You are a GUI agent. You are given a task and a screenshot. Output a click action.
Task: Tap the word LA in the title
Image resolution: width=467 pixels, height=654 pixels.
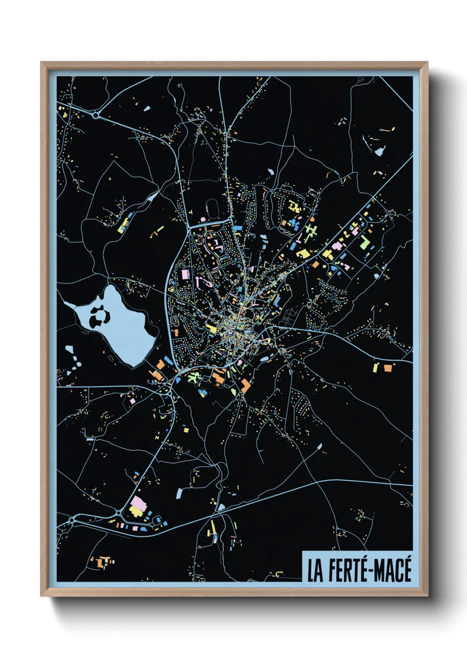[x=315, y=570]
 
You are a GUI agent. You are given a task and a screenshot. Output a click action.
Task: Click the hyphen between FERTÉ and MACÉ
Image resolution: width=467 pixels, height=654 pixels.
[x=372, y=571]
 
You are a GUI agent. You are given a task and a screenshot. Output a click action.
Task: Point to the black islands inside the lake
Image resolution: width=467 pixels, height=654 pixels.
[x=99, y=315]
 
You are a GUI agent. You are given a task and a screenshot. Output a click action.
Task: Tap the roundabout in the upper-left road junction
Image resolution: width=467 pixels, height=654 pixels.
[x=96, y=115]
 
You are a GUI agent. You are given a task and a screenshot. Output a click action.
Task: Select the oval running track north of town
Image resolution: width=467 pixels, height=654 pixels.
[x=212, y=209]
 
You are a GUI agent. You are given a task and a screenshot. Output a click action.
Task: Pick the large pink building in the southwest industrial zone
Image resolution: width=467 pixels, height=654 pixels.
[x=138, y=503]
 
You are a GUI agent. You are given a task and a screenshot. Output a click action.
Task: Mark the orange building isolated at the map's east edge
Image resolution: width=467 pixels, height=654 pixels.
[x=388, y=367]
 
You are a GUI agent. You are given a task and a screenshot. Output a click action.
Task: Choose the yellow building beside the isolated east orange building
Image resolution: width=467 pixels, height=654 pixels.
[x=376, y=367]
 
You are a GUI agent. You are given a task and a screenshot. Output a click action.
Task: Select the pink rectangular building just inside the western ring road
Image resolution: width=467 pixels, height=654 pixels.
[x=185, y=274]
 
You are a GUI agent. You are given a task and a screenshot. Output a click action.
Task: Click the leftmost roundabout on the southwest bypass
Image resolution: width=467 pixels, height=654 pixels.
[x=72, y=521]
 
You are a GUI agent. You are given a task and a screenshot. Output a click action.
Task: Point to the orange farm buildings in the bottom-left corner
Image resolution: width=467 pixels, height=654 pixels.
[x=102, y=562]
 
